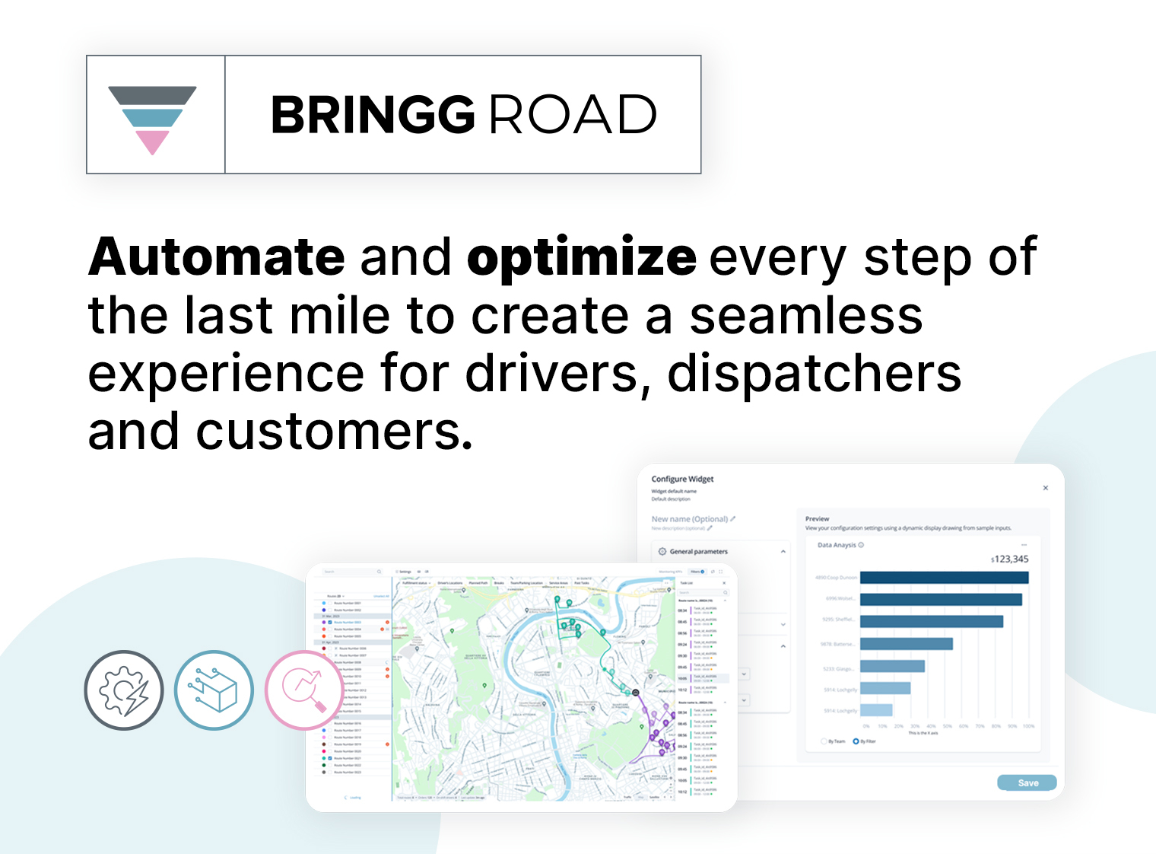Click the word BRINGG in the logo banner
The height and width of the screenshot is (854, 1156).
click(373, 115)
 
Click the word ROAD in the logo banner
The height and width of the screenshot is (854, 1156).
click(572, 115)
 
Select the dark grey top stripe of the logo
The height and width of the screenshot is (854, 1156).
click(152, 95)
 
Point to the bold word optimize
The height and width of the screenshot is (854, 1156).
click(581, 258)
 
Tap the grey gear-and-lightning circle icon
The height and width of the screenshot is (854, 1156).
click(124, 690)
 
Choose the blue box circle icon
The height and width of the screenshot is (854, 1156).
click(214, 690)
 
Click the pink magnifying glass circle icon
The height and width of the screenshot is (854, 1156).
click(303, 689)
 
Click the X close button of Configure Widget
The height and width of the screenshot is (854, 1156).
click(1045, 488)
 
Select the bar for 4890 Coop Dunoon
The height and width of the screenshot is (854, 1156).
click(944, 578)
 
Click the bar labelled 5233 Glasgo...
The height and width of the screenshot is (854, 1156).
click(892, 667)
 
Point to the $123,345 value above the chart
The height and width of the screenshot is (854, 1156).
click(1009, 559)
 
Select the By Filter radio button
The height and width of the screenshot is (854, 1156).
click(856, 741)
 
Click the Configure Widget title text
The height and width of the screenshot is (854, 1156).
click(682, 479)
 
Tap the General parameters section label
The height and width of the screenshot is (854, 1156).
click(698, 551)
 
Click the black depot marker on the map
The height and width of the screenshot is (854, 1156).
click(636, 693)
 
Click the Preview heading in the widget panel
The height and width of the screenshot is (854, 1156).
click(817, 518)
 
